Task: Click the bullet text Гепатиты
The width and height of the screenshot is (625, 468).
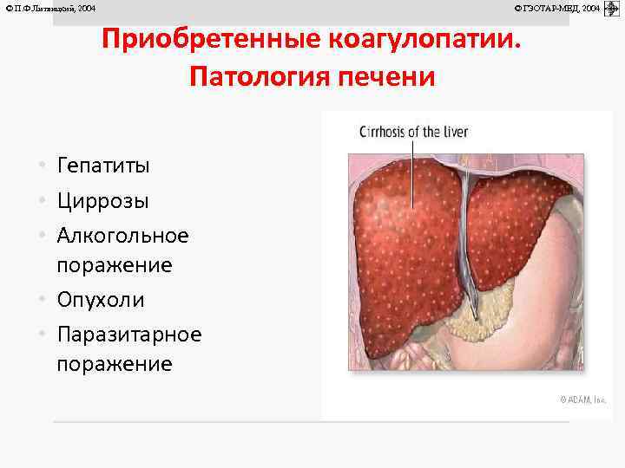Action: (x=103, y=165)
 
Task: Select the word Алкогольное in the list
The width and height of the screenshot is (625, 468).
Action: (x=122, y=236)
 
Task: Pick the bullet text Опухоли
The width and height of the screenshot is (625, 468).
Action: (x=101, y=300)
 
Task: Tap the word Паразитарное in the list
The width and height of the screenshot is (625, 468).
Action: (x=129, y=335)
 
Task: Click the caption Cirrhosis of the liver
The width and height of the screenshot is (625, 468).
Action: (x=414, y=132)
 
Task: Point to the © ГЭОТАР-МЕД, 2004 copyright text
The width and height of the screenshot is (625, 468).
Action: (x=556, y=8)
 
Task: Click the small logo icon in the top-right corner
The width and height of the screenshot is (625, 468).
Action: (x=611, y=8)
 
